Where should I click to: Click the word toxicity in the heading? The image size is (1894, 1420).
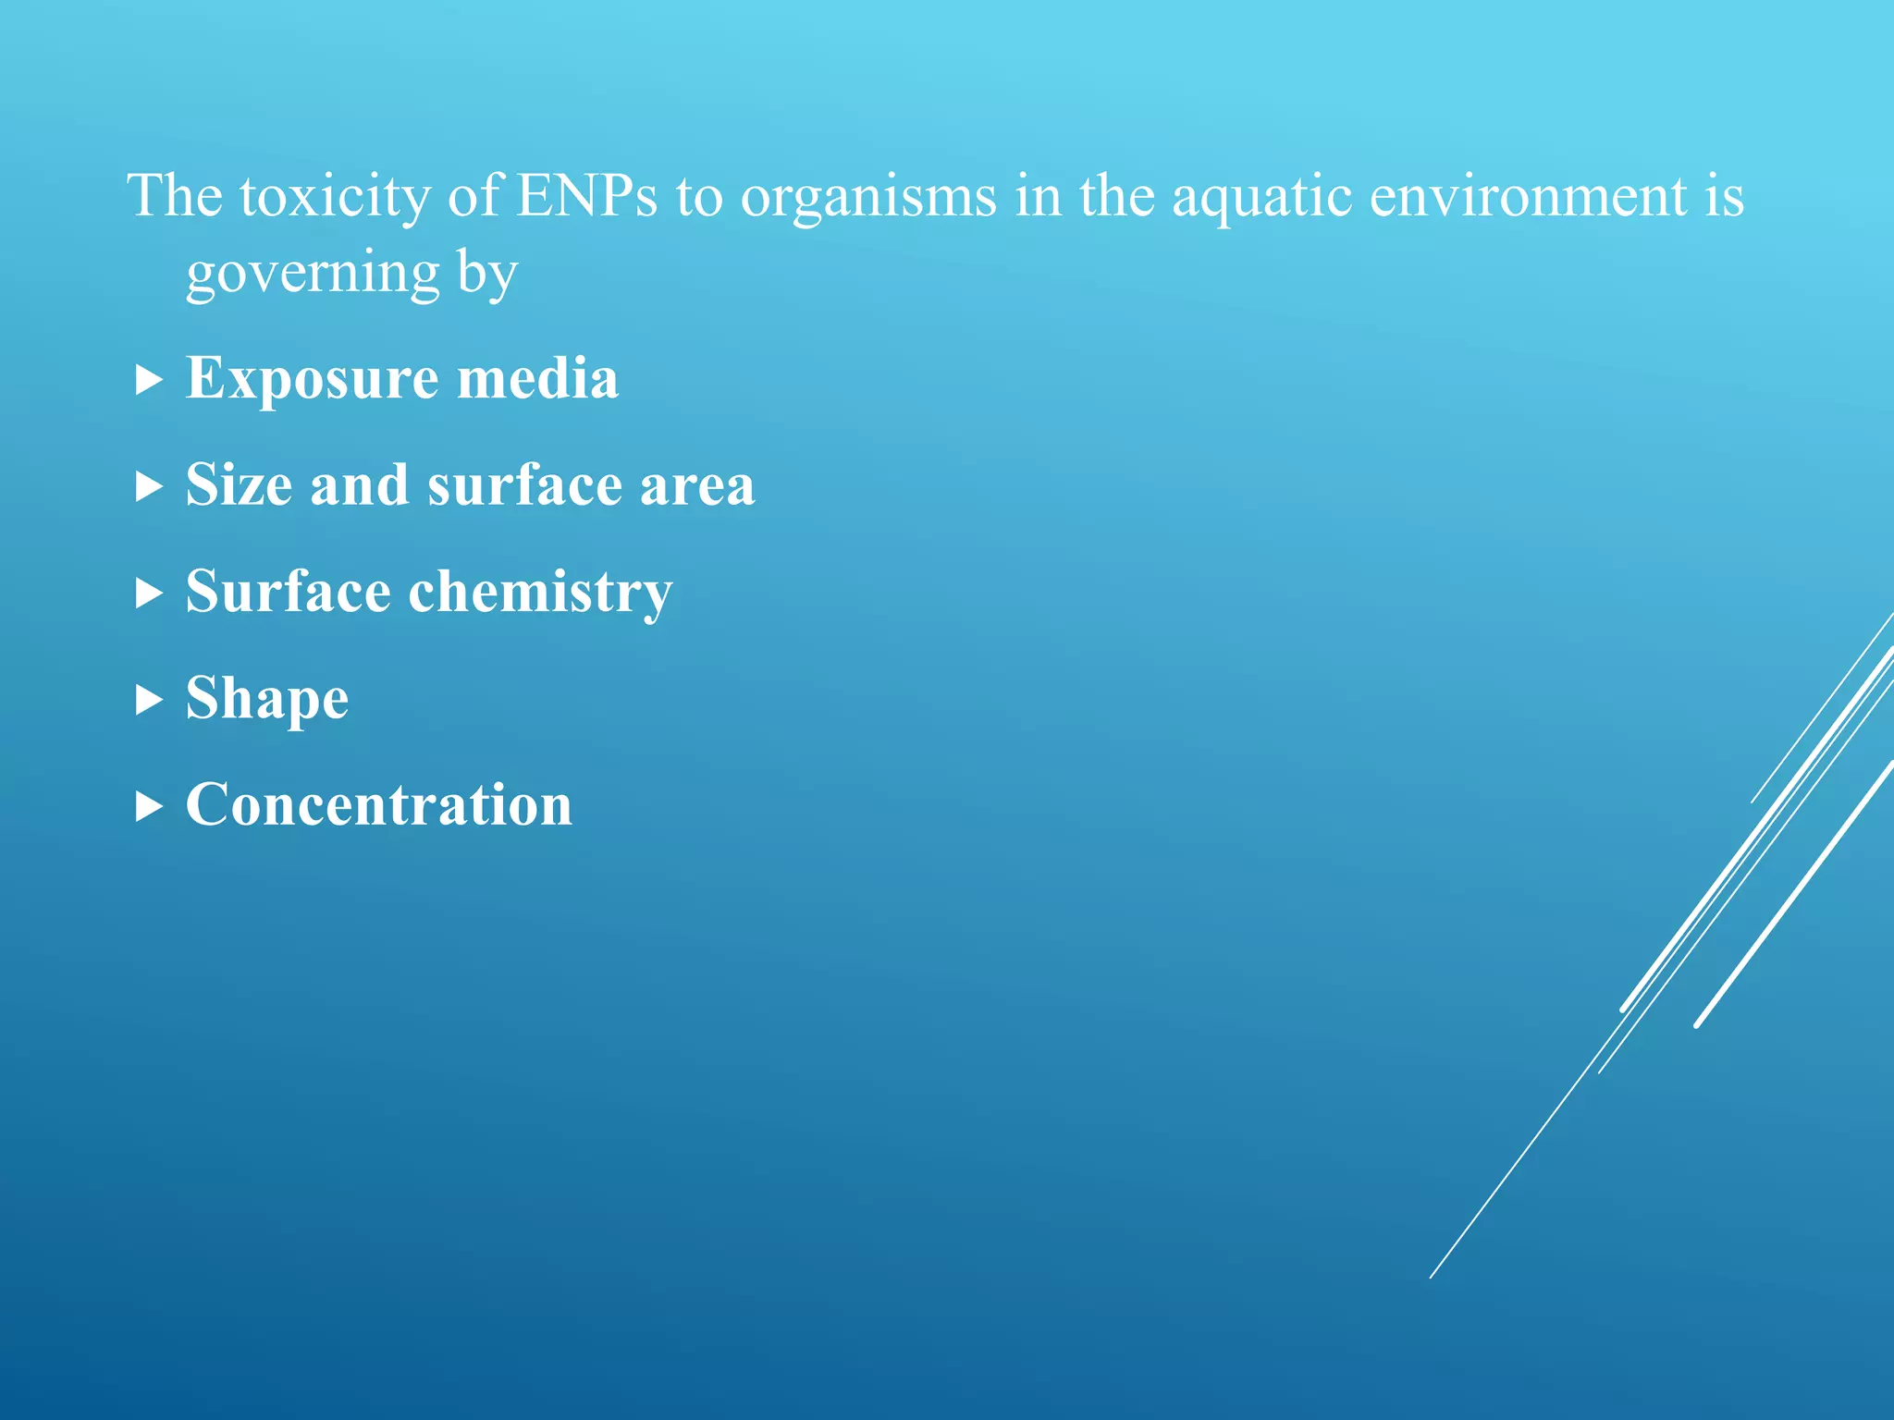click(334, 196)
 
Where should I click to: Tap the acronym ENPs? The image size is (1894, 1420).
click(586, 196)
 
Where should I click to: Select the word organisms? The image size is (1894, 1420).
click(868, 196)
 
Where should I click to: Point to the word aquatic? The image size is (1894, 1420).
click(1262, 196)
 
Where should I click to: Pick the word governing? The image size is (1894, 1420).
click(313, 274)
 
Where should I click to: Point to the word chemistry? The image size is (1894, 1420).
click(540, 592)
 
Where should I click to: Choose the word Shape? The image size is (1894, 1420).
click(267, 698)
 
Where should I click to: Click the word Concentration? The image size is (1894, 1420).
click(379, 804)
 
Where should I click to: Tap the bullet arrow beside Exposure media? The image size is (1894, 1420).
click(148, 379)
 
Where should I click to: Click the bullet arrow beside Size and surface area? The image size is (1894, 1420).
click(148, 485)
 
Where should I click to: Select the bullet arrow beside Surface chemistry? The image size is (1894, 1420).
click(148, 593)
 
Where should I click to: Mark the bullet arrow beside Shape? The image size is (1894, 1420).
click(148, 699)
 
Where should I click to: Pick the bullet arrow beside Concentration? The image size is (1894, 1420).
click(148, 806)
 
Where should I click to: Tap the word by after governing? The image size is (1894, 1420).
click(486, 274)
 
